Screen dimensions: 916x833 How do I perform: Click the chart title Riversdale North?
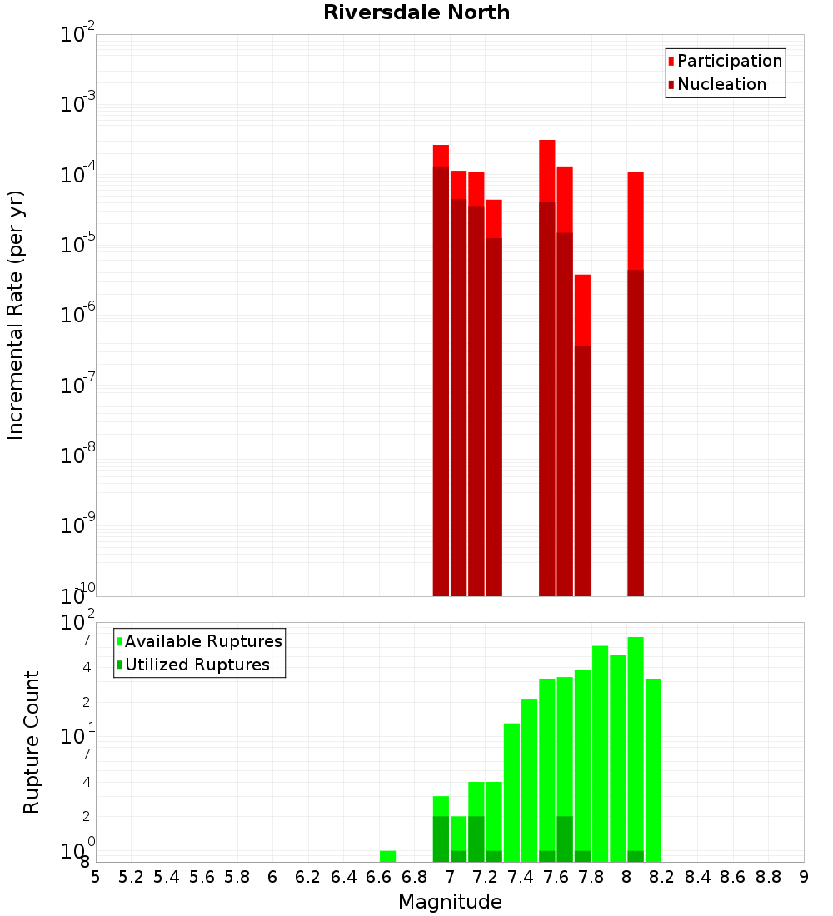point(416,12)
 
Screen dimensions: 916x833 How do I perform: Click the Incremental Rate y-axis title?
point(16,315)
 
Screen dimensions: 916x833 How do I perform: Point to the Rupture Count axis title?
point(32,741)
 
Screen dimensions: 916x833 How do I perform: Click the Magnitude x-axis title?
point(450,901)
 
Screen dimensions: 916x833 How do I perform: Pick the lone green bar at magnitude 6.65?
point(387,856)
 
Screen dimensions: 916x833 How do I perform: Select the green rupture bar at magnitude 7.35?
point(511,791)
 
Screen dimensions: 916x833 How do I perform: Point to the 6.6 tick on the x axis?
point(378,877)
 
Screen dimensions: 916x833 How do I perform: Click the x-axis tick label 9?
point(804,877)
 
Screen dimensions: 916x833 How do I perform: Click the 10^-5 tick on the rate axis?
point(77,244)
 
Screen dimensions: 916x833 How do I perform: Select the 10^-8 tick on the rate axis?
point(77,455)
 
